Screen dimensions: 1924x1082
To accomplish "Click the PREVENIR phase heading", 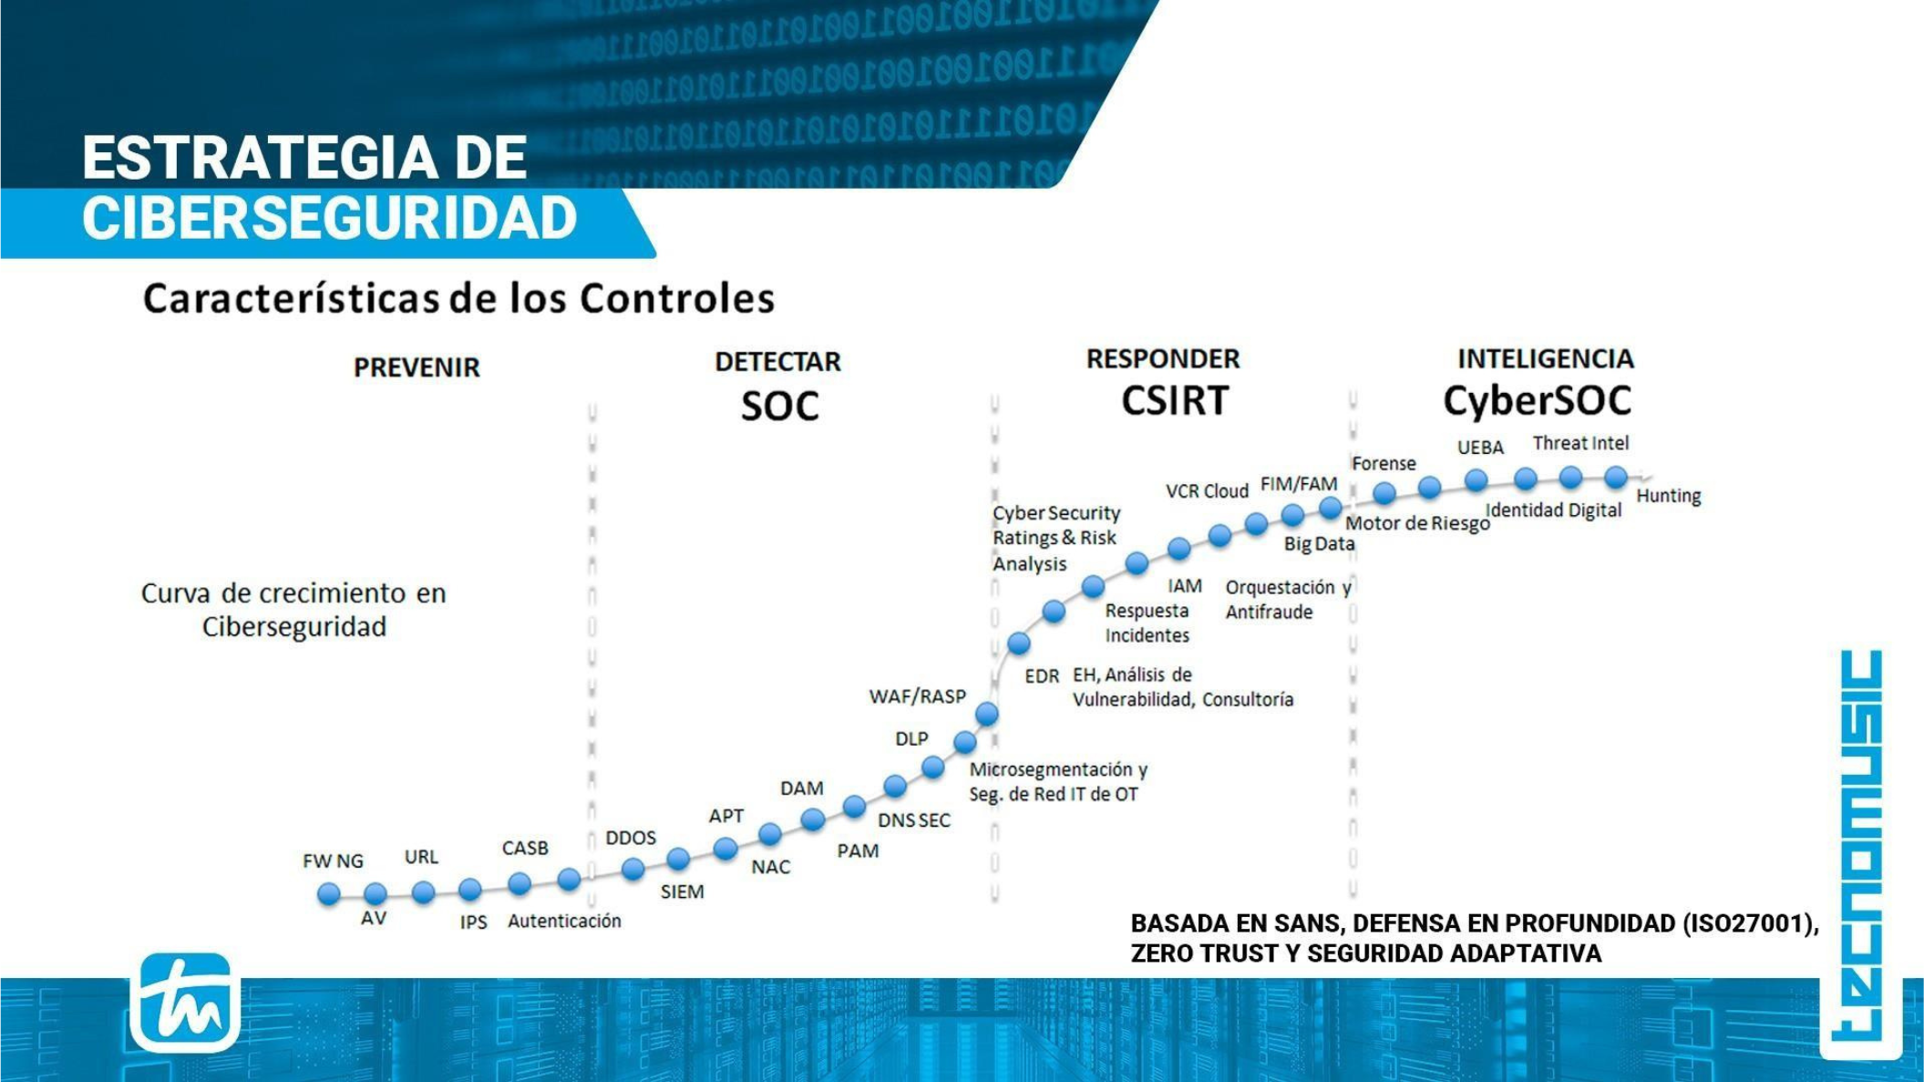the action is [x=417, y=367].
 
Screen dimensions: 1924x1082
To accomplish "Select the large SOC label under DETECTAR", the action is [x=779, y=407].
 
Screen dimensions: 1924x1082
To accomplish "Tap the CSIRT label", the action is [x=1175, y=401].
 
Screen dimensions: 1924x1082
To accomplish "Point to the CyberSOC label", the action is [x=1537, y=401].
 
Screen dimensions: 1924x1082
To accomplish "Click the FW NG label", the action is [x=333, y=861].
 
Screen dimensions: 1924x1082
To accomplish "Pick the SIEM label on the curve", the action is [x=682, y=891].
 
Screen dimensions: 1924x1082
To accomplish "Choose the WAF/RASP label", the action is [x=917, y=696].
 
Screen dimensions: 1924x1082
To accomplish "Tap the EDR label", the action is [x=1042, y=676].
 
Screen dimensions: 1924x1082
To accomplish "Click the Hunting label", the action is [x=1669, y=496].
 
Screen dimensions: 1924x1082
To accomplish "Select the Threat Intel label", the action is [x=1580, y=443].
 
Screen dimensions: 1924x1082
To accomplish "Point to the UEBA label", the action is [x=1480, y=448].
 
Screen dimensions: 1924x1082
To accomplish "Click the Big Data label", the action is [x=1319, y=544].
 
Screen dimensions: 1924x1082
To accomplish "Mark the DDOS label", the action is [x=631, y=838].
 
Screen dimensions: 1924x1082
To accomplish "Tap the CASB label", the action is [x=525, y=848].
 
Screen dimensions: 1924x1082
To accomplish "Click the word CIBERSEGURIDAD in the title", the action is [x=330, y=219].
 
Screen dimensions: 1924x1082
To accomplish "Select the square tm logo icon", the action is [x=185, y=1003].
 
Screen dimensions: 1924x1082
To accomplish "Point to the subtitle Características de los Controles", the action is [x=458, y=298].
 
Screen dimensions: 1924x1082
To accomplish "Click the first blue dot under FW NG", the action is [x=329, y=894].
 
